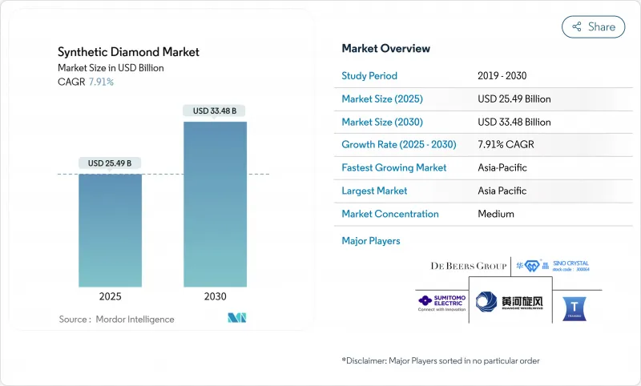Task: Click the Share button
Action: pos(593,26)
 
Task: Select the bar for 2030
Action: pos(215,204)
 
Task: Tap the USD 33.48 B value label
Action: pos(215,111)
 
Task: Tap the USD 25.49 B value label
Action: pos(111,163)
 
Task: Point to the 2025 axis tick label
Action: pos(111,296)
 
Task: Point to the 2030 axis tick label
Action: pos(215,296)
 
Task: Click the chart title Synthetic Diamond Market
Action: pos(128,52)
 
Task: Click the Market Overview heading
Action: pos(385,49)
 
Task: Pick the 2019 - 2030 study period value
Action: pos(503,76)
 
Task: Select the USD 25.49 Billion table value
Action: pos(514,99)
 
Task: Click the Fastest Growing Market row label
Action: pos(393,168)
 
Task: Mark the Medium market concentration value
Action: pos(496,214)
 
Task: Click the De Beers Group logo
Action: pos(469,266)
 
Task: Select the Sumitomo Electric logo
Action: pos(438,303)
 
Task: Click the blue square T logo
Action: pos(577,306)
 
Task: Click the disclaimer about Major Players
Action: pos(441,360)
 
